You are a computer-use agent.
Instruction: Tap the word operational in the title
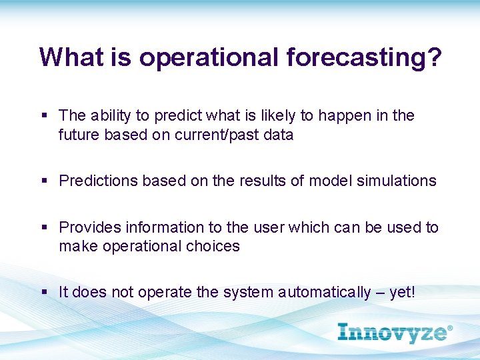[x=209, y=59]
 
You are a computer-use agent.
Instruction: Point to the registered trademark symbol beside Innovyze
[x=449, y=328]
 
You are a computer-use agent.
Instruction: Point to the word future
[x=79, y=135]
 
